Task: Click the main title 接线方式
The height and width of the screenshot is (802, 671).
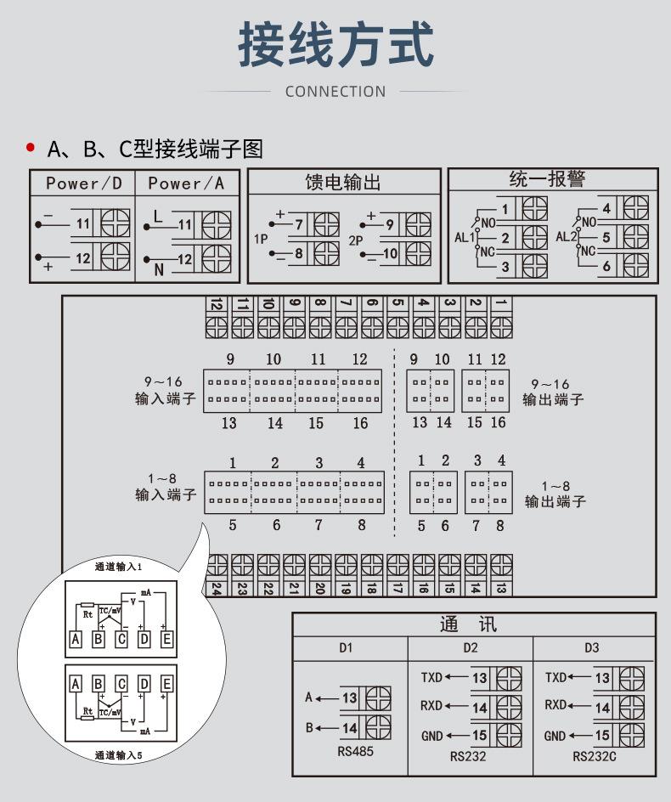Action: click(x=335, y=44)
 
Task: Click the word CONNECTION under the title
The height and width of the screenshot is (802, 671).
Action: click(x=335, y=92)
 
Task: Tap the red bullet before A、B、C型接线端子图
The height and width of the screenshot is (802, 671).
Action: click(x=31, y=148)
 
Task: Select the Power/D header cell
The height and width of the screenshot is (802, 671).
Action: click(x=84, y=184)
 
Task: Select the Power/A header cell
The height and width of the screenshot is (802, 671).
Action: click(x=186, y=184)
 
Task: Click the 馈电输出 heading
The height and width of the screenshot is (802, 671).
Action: click(x=343, y=183)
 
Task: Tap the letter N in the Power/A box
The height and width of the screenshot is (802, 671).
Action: click(x=158, y=270)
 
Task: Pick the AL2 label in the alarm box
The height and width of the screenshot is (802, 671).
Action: click(x=566, y=237)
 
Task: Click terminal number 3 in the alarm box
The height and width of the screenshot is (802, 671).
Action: click(x=505, y=267)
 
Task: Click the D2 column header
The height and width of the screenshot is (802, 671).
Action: click(x=471, y=648)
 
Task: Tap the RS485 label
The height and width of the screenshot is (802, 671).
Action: click(x=355, y=752)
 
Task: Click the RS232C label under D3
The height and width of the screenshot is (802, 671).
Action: click(x=595, y=756)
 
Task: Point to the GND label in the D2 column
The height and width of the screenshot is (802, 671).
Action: click(x=432, y=736)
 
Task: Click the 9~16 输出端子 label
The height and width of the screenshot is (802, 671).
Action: click(x=553, y=392)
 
